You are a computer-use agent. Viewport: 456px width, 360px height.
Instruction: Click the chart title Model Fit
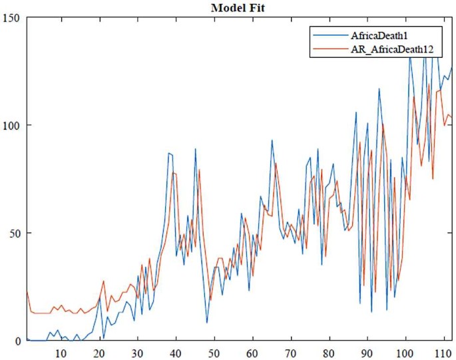[238, 8]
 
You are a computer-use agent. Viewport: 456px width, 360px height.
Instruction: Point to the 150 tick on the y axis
[13, 17]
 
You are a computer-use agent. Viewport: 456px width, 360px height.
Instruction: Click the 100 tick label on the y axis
[13, 125]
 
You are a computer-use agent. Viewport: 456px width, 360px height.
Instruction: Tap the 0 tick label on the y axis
[18, 340]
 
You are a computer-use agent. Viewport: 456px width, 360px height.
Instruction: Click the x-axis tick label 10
[61, 353]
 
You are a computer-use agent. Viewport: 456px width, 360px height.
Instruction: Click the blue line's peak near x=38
[168, 153]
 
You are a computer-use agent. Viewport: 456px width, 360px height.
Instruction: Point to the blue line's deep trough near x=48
[207, 323]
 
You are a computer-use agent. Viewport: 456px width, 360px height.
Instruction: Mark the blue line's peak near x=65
[272, 140]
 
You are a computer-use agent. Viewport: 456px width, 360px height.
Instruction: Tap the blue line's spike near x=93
[379, 89]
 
